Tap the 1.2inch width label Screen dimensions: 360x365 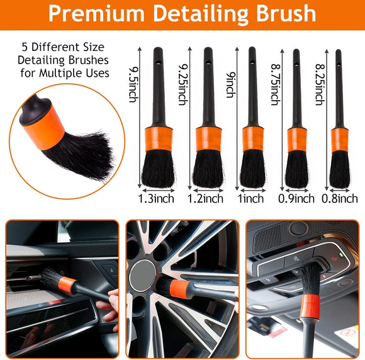click(x=205, y=199)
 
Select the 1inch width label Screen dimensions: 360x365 click(x=252, y=199)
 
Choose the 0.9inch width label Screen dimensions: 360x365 click(x=296, y=199)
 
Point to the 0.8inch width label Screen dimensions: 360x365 click(x=340, y=199)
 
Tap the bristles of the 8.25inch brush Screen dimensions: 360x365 click(x=340, y=168)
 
